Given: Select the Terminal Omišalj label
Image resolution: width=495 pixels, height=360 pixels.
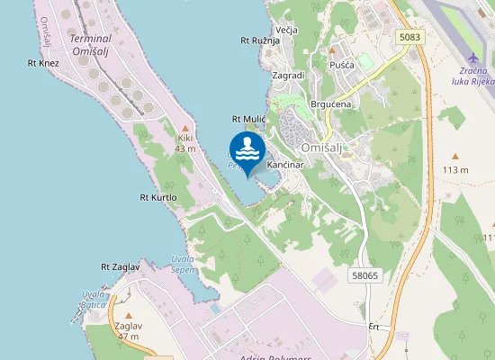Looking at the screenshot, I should [x=91, y=45].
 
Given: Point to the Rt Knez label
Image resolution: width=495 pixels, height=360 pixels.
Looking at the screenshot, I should [x=43, y=63].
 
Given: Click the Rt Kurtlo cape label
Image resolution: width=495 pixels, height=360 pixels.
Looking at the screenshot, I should [x=158, y=197].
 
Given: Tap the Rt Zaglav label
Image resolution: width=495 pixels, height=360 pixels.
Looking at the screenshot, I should [x=120, y=267].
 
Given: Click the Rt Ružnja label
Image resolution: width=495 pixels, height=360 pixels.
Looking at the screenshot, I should [x=259, y=40].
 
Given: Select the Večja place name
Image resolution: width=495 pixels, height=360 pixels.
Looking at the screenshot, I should [x=286, y=30].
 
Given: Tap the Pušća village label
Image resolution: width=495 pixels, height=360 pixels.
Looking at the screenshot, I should [x=342, y=66].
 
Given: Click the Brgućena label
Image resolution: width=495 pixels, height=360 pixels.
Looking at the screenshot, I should [x=329, y=104].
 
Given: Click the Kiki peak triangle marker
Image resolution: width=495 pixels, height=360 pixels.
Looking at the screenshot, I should [x=185, y=128].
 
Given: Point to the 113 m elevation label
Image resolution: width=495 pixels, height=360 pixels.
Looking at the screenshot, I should [x=456, y=169].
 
